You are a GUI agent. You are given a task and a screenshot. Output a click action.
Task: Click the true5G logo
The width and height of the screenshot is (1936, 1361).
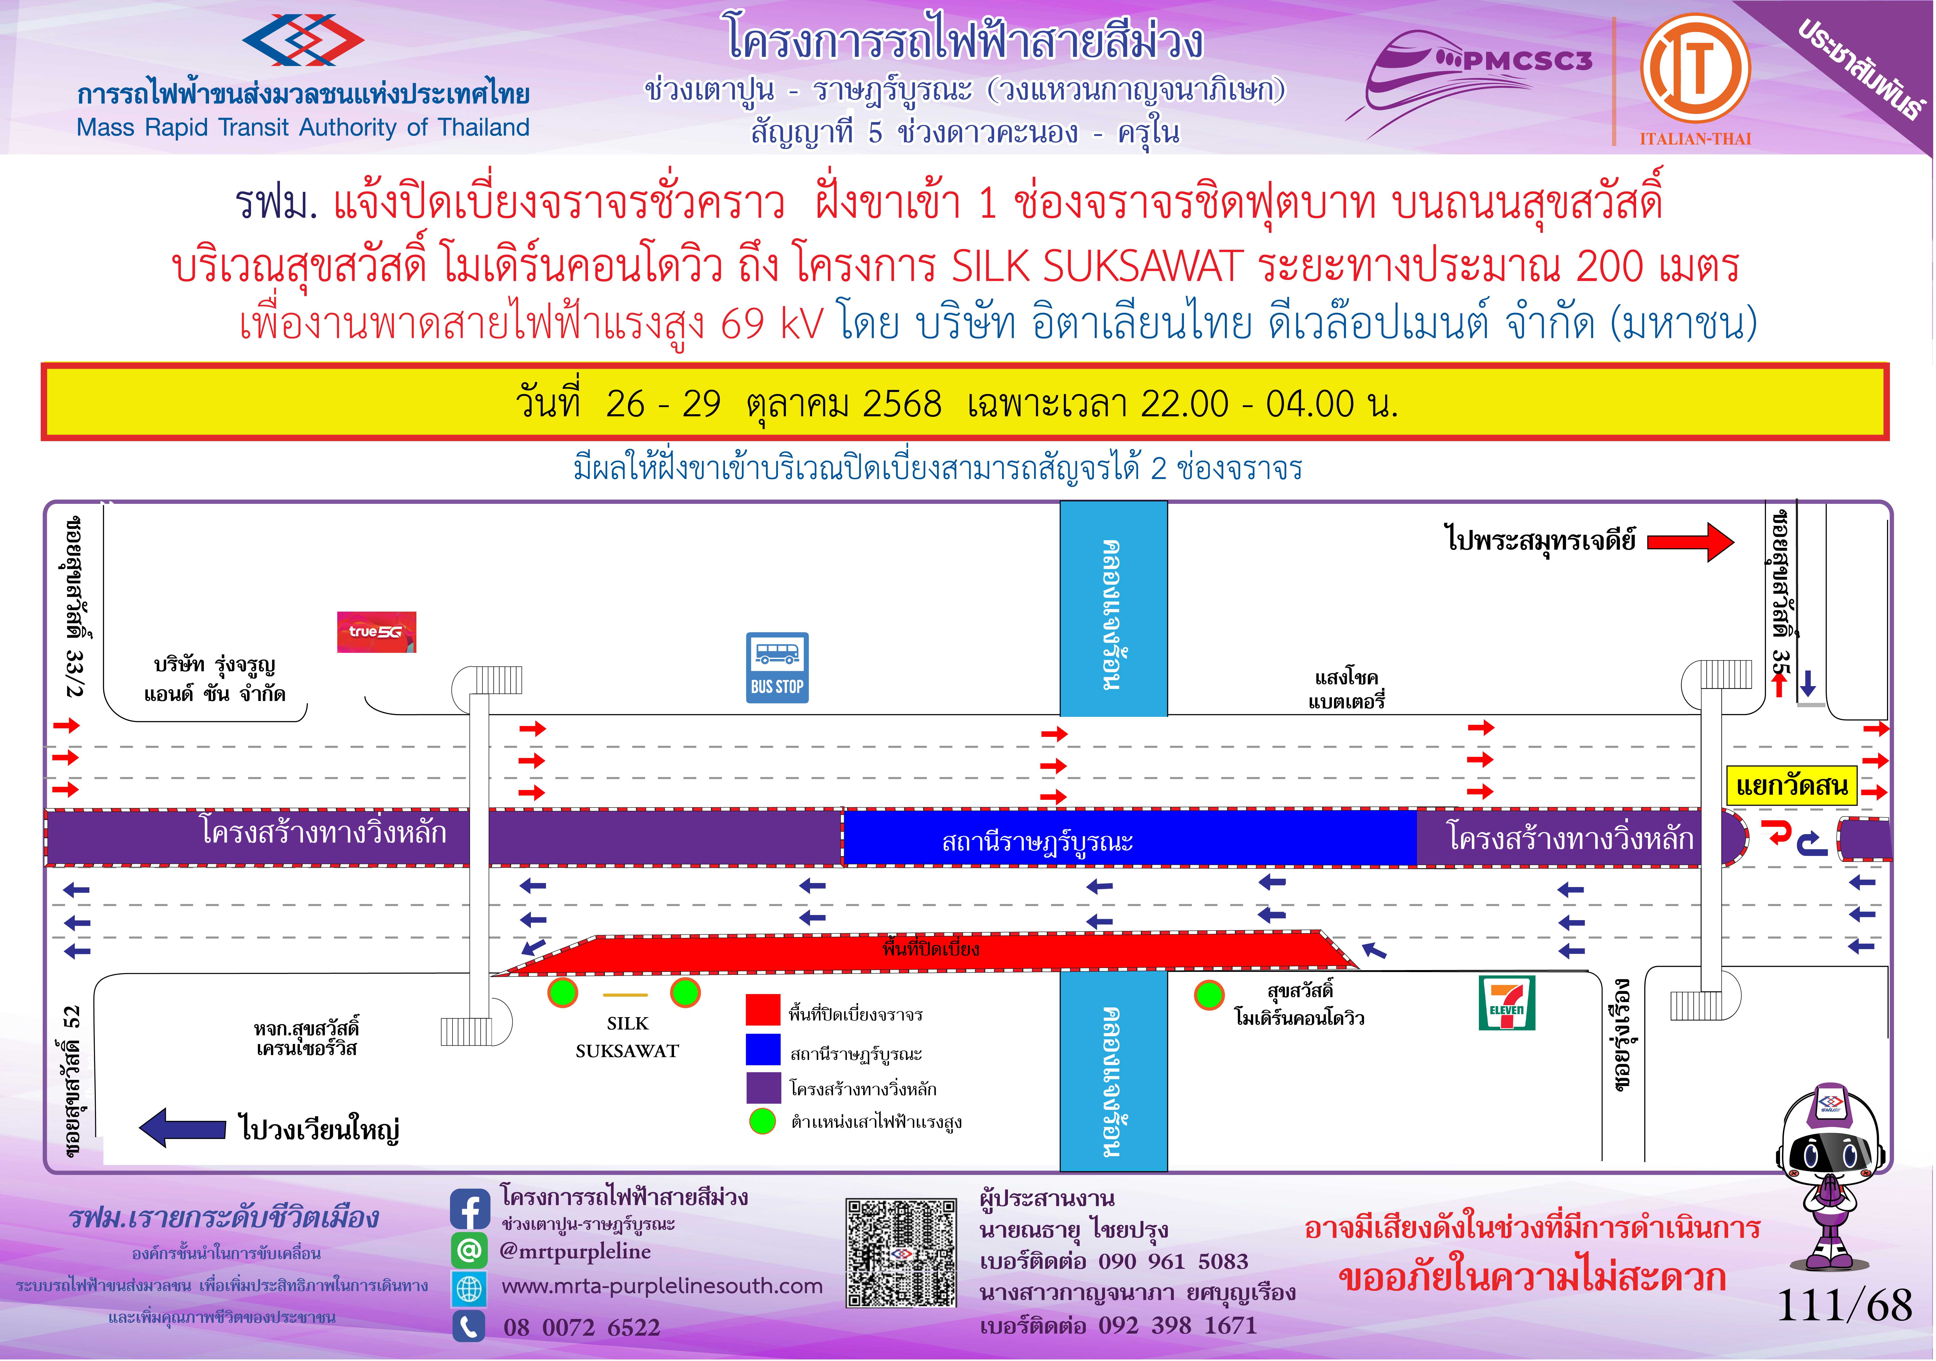[x=376, y=632]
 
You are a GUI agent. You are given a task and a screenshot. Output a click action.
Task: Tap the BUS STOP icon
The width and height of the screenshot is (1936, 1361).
[x=777, y=667]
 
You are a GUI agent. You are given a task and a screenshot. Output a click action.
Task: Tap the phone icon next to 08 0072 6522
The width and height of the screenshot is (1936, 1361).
[x=470, y=1326]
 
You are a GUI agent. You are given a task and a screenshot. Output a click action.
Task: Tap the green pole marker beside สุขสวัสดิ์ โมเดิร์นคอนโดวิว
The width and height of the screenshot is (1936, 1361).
[x=1209, y=995]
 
